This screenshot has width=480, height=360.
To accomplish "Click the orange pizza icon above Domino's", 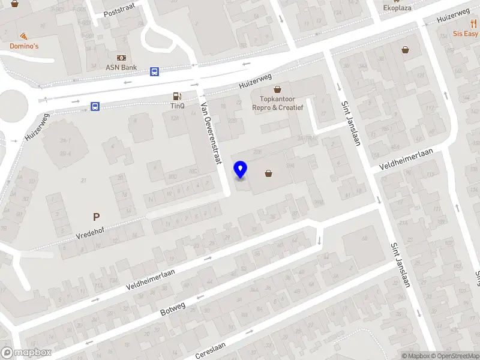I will [23, 36].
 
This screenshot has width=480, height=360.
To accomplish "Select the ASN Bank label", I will [121, 67].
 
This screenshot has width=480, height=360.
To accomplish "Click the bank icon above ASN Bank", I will [121, 58].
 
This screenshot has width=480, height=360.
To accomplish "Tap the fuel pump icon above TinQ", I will [177, 96].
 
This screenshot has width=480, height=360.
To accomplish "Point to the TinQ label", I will [177, 106].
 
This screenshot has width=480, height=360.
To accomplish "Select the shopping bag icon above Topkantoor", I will [277, 89].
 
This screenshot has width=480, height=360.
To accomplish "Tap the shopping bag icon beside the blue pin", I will [268, 174].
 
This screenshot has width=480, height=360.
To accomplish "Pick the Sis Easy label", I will [466, 34].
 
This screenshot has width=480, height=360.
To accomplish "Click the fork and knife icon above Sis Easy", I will [473, 23].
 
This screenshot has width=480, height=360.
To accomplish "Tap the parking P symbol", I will [95, 217].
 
